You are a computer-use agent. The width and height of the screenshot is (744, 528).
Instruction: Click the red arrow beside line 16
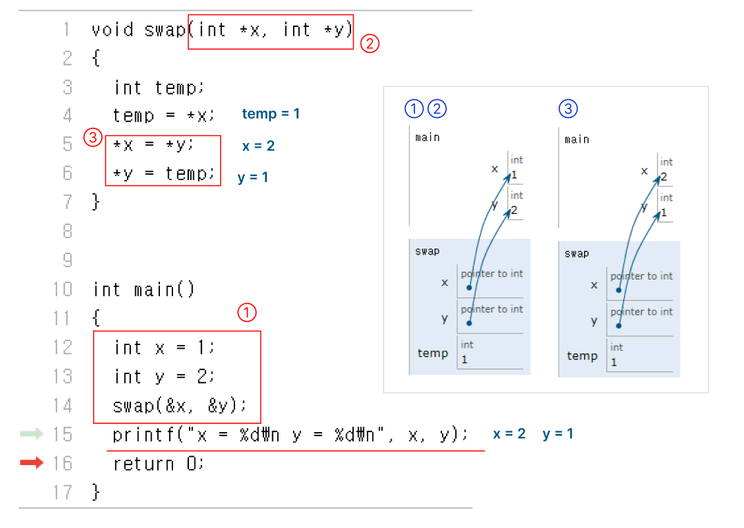32,463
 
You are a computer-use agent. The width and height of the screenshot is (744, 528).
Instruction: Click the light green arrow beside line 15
32,433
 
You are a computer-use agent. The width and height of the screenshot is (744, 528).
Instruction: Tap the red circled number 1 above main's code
247,313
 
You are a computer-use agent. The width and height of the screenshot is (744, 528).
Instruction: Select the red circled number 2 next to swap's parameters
370,43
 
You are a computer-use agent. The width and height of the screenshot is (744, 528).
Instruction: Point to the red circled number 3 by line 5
92,137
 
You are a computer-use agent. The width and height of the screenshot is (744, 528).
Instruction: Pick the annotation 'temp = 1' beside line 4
271,114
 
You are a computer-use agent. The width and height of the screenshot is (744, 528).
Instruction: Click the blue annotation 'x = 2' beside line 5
259,146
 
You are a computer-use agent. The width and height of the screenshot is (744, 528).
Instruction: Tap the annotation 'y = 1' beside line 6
253,177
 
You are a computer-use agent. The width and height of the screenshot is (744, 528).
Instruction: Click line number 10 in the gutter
62,289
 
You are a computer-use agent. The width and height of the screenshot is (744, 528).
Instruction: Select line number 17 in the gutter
62,492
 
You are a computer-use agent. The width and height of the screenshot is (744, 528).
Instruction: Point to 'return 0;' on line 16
159,464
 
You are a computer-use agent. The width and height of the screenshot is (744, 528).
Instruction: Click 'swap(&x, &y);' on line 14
179,405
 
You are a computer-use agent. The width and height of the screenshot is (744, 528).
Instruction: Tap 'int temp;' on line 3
159,88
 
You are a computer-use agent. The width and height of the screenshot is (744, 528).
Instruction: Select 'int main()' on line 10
144,289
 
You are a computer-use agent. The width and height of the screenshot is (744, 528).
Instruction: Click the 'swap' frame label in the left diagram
427,251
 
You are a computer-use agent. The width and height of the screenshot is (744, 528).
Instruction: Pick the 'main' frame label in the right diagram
577,139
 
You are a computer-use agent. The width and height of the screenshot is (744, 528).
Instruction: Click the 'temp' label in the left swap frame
432,353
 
